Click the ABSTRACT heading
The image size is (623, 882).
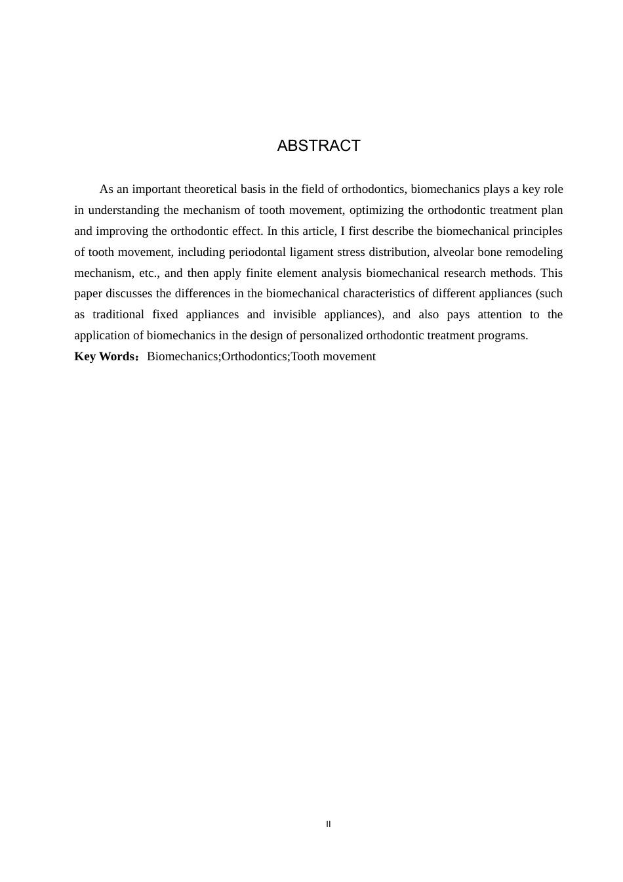tap(319, 146)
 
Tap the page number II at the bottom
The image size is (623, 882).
tap(329, 824)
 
